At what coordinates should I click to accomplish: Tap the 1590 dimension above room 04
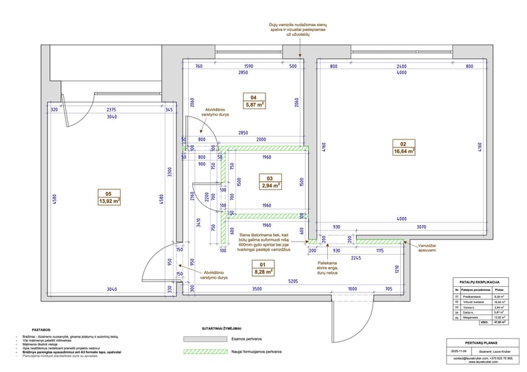tap(248, 67)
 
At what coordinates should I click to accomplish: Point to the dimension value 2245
tap(354, 259)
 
